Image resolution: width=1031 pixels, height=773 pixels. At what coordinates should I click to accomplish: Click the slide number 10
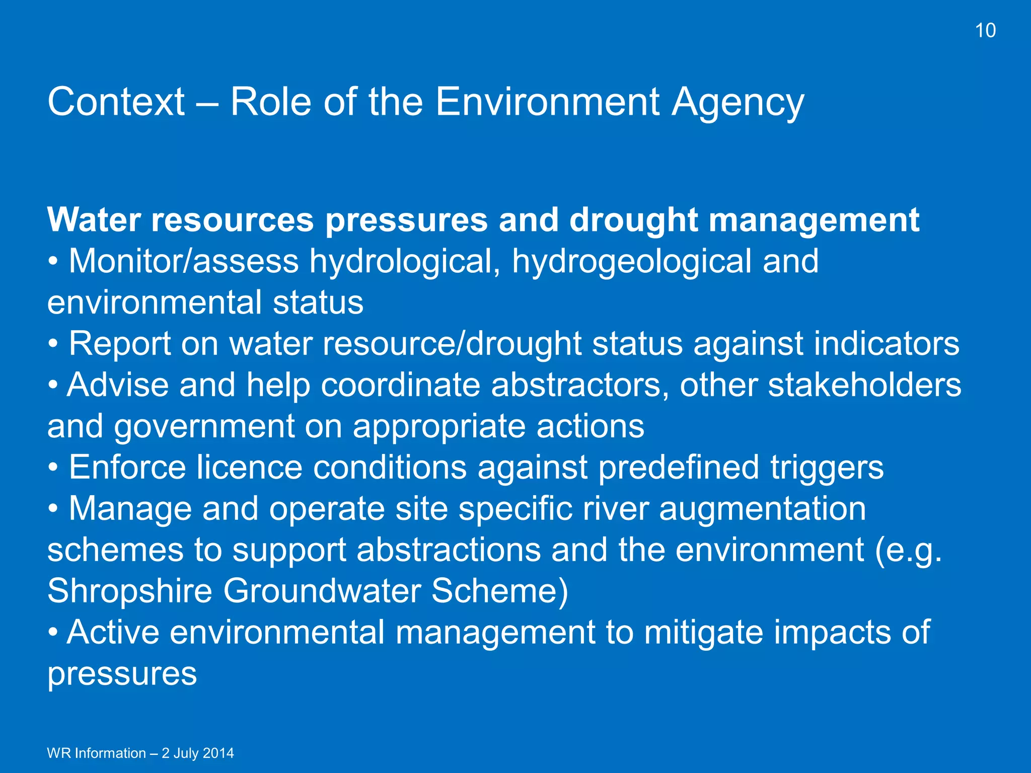click(x=985, y=31)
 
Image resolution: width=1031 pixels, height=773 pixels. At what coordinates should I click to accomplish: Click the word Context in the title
click(x=116, y=102)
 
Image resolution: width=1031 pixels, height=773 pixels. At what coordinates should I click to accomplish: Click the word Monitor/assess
click(x=183, y=262)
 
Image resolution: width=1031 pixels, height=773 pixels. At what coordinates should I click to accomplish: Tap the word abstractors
click(x=579, y=385)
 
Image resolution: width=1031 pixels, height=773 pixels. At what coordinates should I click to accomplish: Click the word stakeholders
click(x=864, y=385)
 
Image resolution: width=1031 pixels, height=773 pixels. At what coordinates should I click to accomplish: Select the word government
click(x=204, y=427)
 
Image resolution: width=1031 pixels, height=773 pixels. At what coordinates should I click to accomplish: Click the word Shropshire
click(x=129, y=591)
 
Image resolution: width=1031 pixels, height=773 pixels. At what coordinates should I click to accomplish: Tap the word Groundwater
click(x=322, y=591)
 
